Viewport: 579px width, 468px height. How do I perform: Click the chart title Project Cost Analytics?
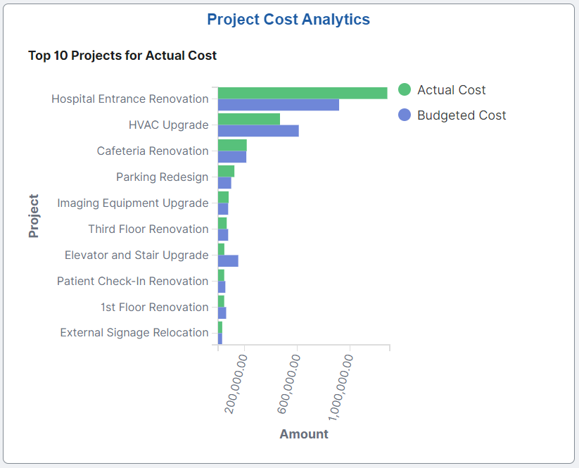pyautogui.click(x=288, y=20)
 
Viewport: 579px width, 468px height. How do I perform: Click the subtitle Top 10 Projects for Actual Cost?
pyautogui.click(x=122, y=55)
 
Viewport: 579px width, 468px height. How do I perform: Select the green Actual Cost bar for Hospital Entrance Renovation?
pyautogui.click(x=303, y=93)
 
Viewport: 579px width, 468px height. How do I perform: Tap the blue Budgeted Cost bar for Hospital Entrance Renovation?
pyautogui.click(x=278, y=105)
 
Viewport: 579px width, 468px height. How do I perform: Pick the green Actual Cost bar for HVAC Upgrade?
pyautogui.click(x=248, y=119)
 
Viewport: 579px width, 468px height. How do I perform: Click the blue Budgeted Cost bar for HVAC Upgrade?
pyautogui.click(x=258, y=131)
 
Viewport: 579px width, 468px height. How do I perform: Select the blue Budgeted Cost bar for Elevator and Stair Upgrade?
pyautogui.click(x=228, y=261)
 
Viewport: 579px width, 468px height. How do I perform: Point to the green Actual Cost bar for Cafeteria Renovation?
pyautogui.click(x=232, y=145)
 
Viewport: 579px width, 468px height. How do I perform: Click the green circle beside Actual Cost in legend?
pyautogui.click(x=405, y=89)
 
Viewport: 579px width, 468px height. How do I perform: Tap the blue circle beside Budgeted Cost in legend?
pyautogui.click(x=405, y=115)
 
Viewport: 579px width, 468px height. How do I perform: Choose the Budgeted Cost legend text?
pyautogui.click(x=462, y=115)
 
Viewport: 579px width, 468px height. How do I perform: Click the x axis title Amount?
pyautogui.click(x=304, y=434)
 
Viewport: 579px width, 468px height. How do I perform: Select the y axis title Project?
pyautogui.click(x=34, y=216)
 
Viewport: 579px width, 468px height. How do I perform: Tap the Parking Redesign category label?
pyautogui.click(x=163, y=177)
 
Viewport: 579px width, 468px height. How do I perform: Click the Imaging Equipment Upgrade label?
pyautogui.click(x=133, y=203)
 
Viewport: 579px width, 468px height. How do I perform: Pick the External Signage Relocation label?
pyautogui.click(x=134, y=332)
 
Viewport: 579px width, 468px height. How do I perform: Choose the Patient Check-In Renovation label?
pyautogui.click(x=133, y=281)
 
